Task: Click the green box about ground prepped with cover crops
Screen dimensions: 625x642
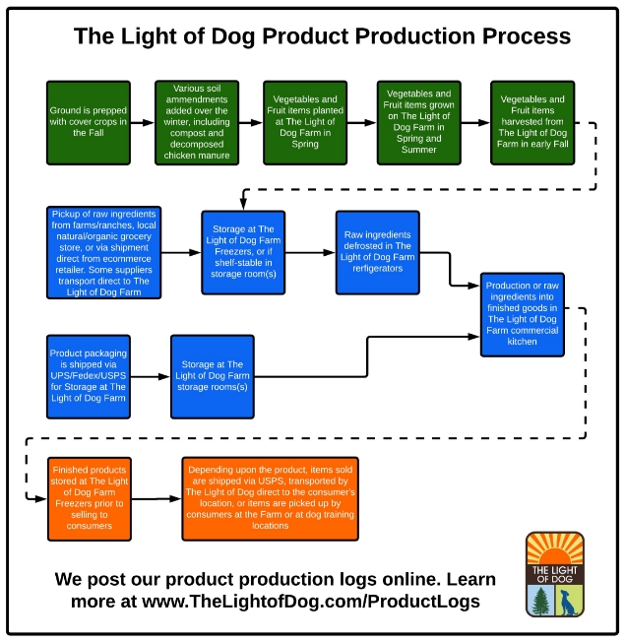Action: coord(89,123)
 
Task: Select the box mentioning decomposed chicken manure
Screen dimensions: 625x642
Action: coord(197,123)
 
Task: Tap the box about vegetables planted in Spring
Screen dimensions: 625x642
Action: coord(305,123)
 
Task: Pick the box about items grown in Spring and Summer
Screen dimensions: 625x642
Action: coord(419,123)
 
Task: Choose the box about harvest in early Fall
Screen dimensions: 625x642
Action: coord(532,123)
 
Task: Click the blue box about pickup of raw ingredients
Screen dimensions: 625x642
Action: coord(104,253)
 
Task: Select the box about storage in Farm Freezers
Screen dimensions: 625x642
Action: coord(243,253)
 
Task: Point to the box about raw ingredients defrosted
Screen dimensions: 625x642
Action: coord(378,253)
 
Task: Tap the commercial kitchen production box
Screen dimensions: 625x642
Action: coord(523,314)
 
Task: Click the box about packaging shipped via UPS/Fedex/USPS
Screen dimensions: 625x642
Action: coord(89,377)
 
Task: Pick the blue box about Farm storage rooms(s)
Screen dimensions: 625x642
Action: coord(213,377)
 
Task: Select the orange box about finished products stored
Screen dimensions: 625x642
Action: coord(90,499)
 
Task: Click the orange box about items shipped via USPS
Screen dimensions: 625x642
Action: coord(270,499)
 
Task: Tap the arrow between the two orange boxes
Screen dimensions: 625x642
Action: coord(156,499)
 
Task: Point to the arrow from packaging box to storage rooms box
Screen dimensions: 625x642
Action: coord(151,377)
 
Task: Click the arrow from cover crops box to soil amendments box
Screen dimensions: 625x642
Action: coord(143,122)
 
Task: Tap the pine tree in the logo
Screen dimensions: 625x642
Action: coord(541,601)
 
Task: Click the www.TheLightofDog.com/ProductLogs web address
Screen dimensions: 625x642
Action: coord(311,602)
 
